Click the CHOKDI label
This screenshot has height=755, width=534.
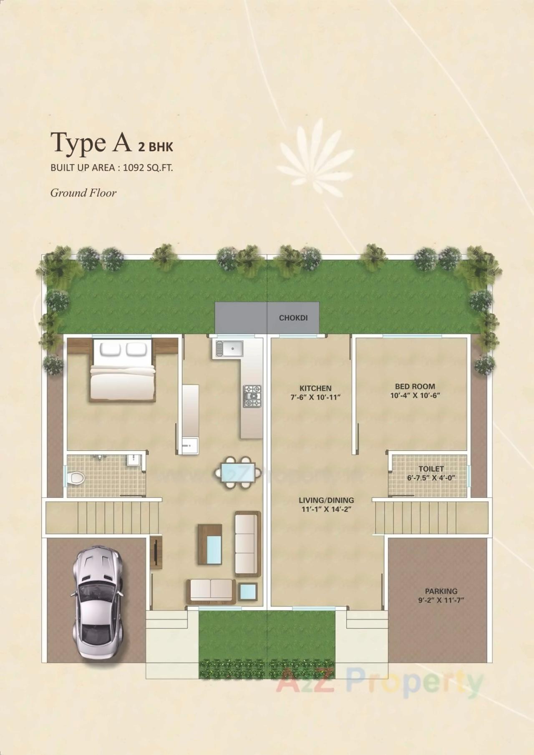coord(293,318)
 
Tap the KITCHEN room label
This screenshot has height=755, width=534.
coord(315,388)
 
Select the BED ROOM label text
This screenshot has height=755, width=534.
coord(415,387)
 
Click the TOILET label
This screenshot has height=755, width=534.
coord(431,469)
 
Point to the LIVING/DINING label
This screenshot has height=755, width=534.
coord(326,500)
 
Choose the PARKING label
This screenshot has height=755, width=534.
coord(441,591)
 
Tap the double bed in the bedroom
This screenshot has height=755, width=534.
coord(121,370)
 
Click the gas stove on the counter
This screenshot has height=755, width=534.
coord(252,396)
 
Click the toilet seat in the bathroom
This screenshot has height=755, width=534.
coord(77,478)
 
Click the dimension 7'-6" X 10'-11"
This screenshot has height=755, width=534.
coord(315,398)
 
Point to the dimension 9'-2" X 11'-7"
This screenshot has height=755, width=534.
coord(441,600)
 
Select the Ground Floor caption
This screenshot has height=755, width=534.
coord(83,193)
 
